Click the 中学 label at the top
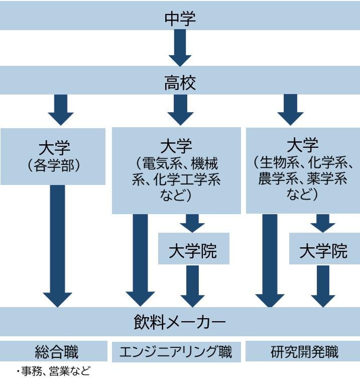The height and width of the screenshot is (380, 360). coord(180,18)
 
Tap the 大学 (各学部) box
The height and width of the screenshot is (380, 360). coord(53,156)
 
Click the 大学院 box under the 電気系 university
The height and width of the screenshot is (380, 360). coord(193,250)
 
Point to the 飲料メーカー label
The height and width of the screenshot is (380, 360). coord(180,320)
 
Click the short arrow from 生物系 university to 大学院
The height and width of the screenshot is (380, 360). coord(322,223)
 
